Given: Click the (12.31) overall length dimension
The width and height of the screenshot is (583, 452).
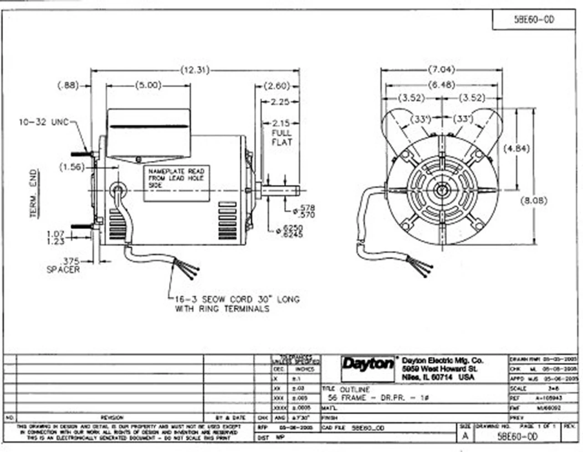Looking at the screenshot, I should click(195, 70).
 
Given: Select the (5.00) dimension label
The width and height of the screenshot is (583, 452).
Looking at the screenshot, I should click(148, 85).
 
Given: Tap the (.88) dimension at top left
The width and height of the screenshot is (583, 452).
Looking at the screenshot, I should click(68, 85).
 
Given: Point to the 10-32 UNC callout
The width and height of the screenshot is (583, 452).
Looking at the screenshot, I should click(43, 122).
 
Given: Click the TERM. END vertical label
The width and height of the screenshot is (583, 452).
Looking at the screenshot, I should click(34, 193).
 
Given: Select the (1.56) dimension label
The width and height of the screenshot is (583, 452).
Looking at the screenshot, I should click(72, 167).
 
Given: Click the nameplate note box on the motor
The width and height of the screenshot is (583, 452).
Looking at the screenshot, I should click(177, 183).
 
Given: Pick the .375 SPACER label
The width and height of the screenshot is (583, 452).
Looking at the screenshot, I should click(64, 265).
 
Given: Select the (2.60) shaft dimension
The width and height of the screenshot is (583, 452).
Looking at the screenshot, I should click(277, 86).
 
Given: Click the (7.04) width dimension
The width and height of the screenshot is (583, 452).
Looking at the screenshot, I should click(441, 70).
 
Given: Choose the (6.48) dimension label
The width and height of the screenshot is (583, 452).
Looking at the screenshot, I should click(441, 84).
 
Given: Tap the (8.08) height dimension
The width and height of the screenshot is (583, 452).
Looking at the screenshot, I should click(533, 200).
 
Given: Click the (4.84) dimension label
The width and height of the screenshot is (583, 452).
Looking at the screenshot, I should click(517, 148).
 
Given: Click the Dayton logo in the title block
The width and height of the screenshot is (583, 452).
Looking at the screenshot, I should click(368, 364).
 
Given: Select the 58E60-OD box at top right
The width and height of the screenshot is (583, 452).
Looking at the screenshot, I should click(534, 20).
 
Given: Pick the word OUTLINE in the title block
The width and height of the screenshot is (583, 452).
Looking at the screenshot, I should click(355, 390).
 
